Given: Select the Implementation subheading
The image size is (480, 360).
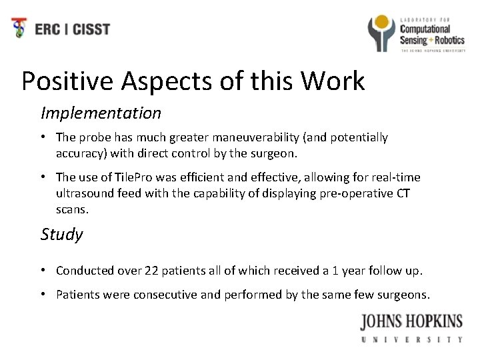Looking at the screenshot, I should point(101,113).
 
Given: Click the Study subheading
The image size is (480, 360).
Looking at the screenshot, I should point(62,234).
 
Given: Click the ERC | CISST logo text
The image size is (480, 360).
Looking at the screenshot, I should point(73,29).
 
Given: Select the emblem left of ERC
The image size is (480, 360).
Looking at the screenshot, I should point(20,28).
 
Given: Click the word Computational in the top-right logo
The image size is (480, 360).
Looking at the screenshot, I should point(425,29).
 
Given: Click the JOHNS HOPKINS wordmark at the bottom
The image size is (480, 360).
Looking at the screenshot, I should point(411,322).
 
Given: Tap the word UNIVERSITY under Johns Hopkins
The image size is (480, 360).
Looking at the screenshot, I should point(411,339).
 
